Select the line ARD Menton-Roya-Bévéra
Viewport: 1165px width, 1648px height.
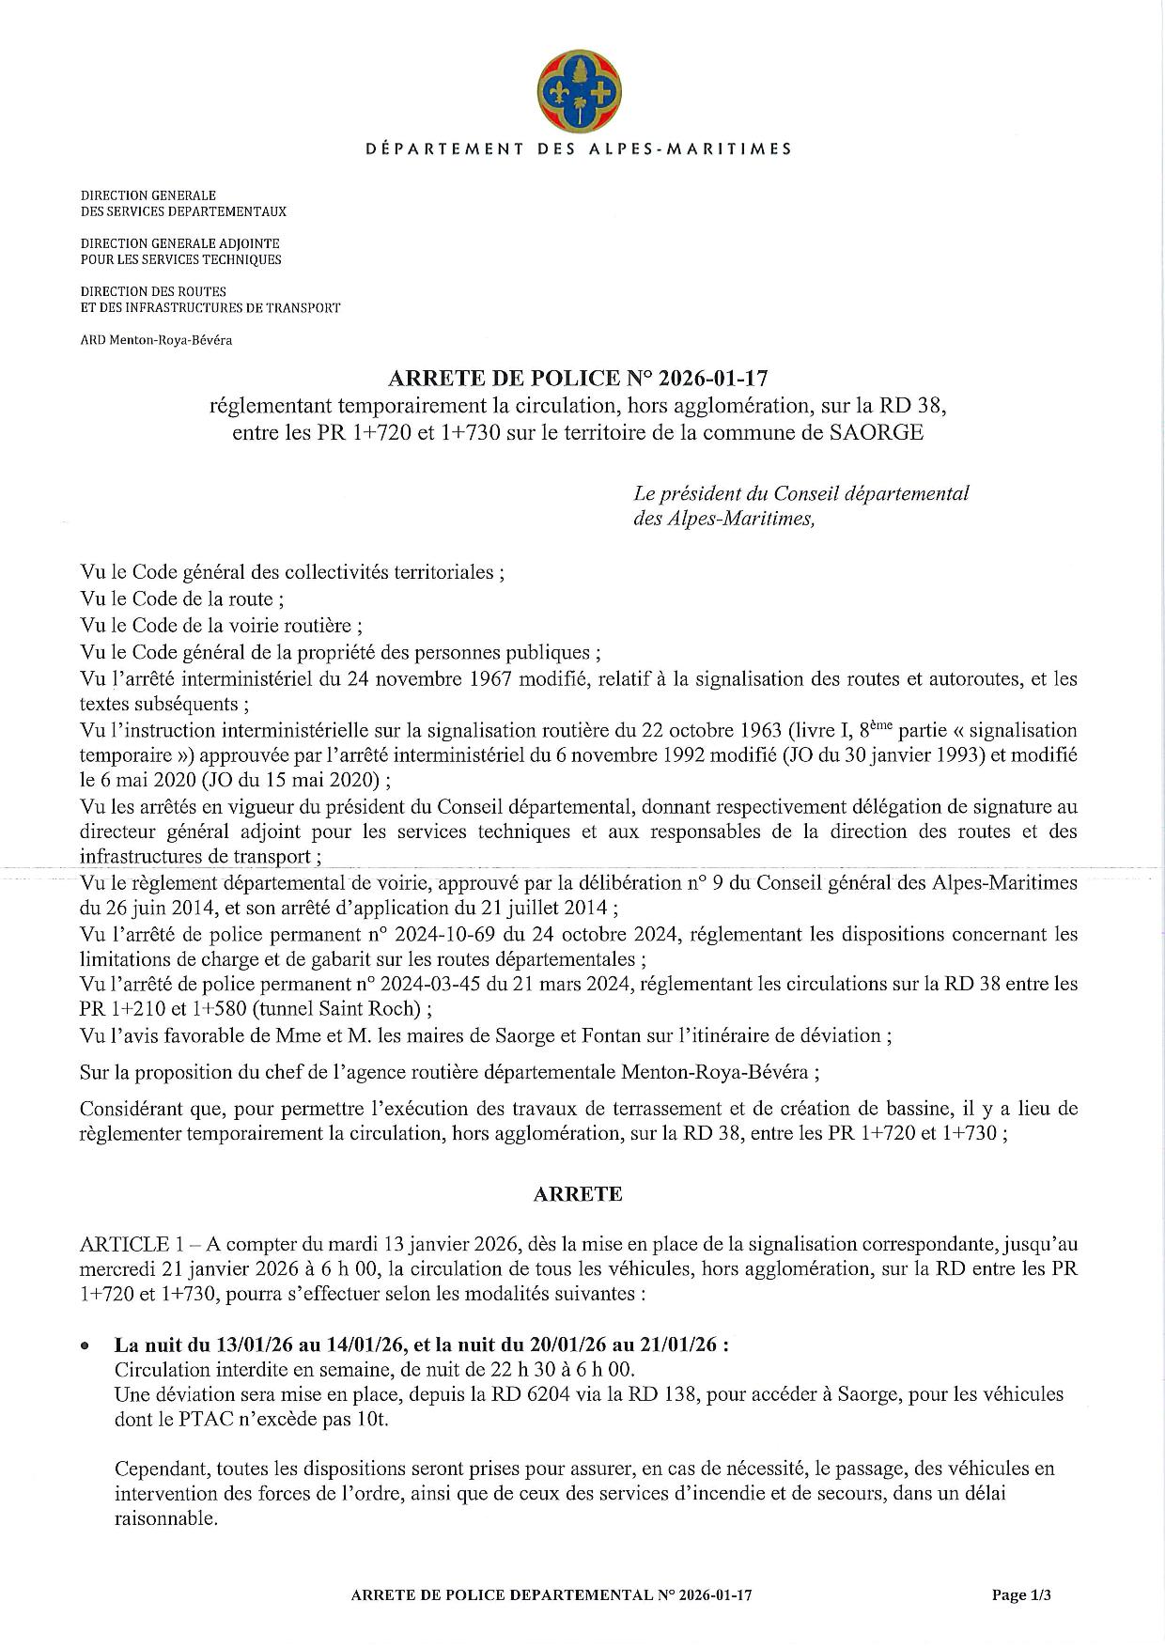coord(156,340)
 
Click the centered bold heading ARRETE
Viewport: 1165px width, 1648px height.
coord(577,1194)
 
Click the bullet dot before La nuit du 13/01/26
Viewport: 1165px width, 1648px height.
coord(86,1346)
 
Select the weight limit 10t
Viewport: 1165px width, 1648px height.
coord(372,1420)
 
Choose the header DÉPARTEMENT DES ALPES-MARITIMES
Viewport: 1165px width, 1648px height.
coord(577,148)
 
